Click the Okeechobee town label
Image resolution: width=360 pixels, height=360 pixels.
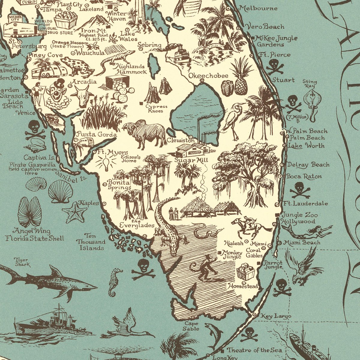click(x=208, y=76)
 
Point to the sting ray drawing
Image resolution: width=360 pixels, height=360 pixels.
click(x=312, y=100)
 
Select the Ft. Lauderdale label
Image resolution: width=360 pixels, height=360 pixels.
click(x=306, y=204)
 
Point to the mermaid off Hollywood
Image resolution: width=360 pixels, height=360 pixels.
click(x=309, y=232)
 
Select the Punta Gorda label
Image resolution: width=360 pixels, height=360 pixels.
click(x=93, y=134)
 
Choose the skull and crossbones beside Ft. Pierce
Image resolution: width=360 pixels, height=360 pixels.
click(x=275, y=66)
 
